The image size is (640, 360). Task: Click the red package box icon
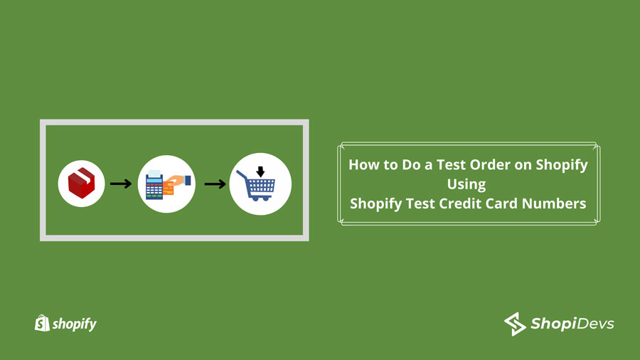coord(81,184)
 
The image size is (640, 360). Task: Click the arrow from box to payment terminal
coord(120,184)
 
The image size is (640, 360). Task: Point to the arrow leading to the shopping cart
coord(215,184)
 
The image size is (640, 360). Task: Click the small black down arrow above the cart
coord(260,171)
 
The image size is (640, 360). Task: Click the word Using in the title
coord(466,184)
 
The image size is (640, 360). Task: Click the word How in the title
coord(363,165)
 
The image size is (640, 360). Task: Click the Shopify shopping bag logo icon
coord(41,324)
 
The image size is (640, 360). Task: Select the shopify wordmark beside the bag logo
coord(74,324)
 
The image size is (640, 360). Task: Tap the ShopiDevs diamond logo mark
coord(515,324)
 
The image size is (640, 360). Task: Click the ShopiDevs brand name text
coord(572,324)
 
